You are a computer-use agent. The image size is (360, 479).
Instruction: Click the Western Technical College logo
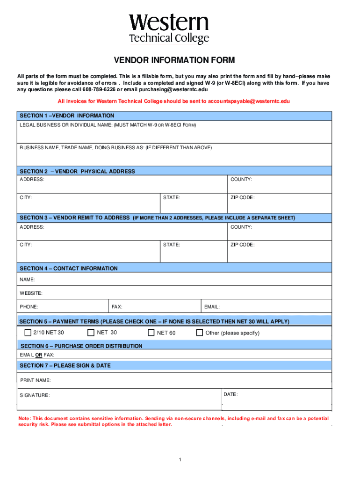169,29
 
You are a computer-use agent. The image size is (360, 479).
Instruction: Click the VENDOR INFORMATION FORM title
174,60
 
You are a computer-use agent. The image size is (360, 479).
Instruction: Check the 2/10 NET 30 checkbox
28,333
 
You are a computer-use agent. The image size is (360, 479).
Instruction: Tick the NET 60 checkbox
151,333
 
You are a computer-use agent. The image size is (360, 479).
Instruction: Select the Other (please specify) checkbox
200,333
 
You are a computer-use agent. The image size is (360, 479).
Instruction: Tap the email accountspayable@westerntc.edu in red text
245,101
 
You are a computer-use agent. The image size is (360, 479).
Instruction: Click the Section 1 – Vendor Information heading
66,116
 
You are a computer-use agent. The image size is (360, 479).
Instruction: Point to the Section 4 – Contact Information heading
68,269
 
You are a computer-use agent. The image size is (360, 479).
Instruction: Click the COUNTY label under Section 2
241,180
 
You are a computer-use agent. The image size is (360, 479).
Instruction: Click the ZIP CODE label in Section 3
242,245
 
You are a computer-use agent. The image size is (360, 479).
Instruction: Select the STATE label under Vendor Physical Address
171,197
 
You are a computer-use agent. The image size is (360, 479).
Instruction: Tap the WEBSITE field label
31,293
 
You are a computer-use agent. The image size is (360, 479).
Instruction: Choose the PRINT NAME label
36,380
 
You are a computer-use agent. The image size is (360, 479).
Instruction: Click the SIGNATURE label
35,395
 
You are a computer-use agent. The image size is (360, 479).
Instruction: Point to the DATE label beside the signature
230,394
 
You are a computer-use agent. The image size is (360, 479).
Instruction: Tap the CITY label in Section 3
26,245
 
